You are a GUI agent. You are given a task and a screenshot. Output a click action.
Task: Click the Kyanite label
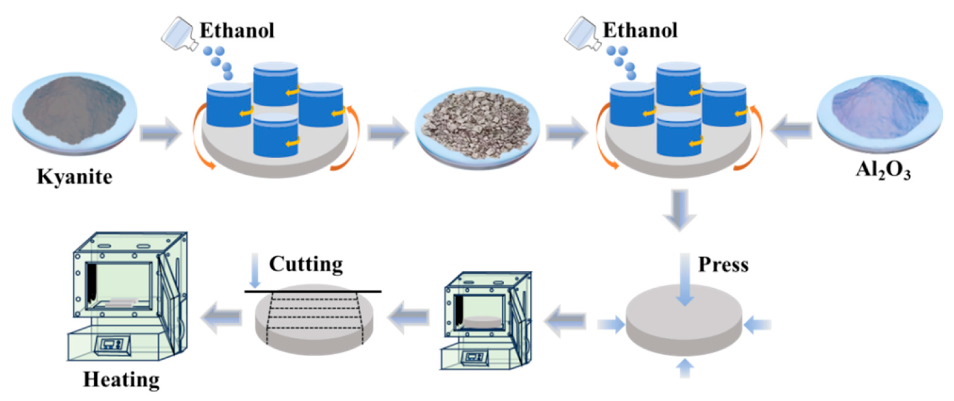click(x=75, y=177)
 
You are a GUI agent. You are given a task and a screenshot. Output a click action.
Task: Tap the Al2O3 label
click(x=883, y=171)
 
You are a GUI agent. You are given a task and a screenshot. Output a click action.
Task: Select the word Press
click(x=723, y=265)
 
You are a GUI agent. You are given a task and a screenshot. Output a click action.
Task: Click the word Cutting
click(x=305, y=264)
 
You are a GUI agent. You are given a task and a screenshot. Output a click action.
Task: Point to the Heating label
click(x=121, y=379)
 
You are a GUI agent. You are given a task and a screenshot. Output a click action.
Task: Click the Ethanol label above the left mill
click(x=237, y=31)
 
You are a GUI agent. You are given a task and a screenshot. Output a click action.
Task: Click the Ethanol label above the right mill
click(x=640, y=31)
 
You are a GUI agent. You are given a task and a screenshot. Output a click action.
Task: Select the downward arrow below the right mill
click(x=679, y=210)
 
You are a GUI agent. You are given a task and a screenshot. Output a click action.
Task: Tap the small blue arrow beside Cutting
click(x=255, y=270)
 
